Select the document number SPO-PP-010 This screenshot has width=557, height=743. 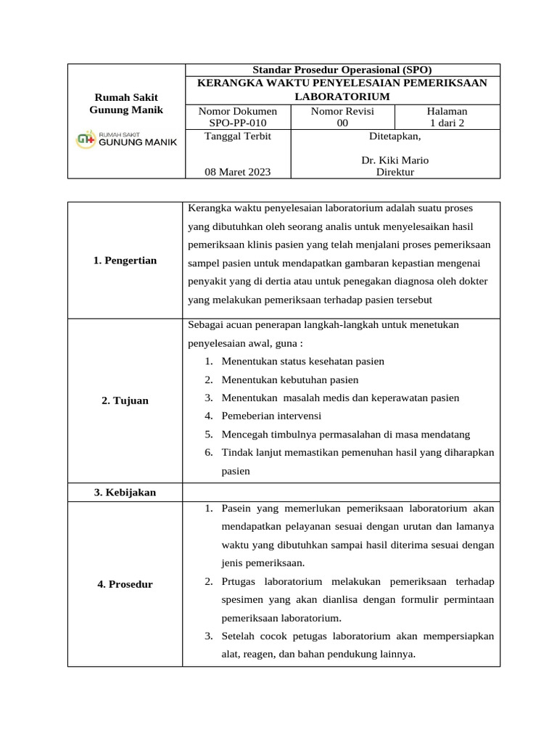pos(237,123)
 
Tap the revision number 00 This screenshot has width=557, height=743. pos(342,123)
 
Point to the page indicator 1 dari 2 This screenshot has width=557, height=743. pos(447,123)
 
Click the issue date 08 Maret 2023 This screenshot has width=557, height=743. pos(237,172)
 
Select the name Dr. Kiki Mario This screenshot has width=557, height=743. pos(395,160)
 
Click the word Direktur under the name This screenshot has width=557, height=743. pos(395,172)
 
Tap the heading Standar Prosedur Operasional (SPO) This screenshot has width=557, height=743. pos(342,70)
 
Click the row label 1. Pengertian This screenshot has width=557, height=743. pos(125,260)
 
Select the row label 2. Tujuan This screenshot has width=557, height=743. pos(125,401)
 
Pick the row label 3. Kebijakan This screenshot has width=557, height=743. pos(125,492)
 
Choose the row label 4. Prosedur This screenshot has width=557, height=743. pos(125,584)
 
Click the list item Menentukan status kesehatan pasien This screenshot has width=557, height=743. pos(302,361)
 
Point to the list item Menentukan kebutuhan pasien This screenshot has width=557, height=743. pos(290,379)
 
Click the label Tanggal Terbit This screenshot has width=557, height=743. pos(227,136)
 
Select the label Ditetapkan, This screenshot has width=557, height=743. pos(395,136)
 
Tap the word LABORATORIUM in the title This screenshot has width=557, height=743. pos(342,97)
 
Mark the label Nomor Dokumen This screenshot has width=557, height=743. pos(237,111)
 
